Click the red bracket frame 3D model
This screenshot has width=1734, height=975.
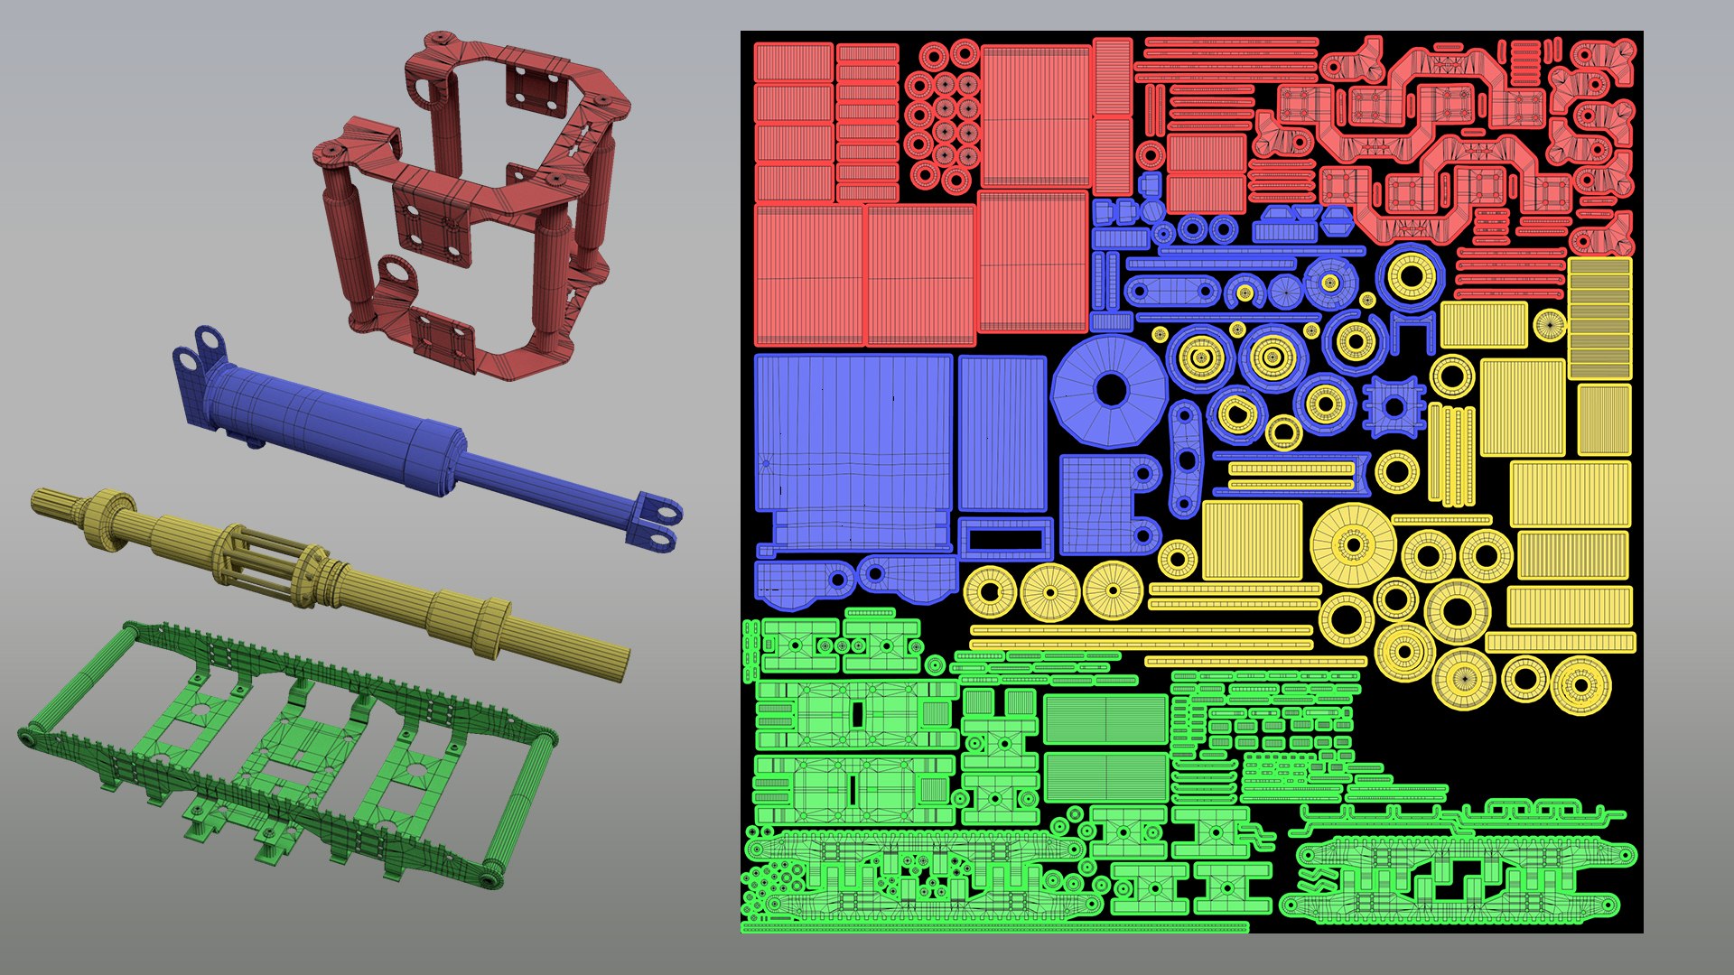tap(470, 208)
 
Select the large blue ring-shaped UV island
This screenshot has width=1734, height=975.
tap(1110, 390)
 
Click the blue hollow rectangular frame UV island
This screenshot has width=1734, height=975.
tap(1005, 539)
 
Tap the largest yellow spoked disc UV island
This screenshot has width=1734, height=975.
tap(1352, 545)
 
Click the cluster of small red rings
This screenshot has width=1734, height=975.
tap(943, 117)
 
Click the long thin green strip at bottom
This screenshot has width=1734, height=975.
tap(993, 926)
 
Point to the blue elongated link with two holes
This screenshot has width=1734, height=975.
tap(1171, 292)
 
